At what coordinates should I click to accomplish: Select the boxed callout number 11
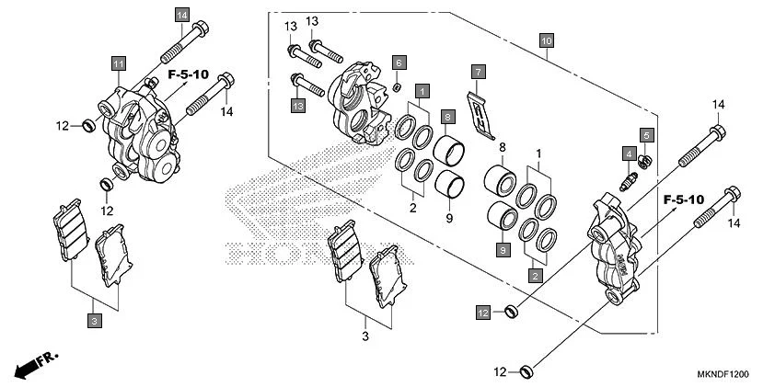(118, 63)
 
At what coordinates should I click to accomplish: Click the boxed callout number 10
(547, 41)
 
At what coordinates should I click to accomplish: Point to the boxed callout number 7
(478, 71)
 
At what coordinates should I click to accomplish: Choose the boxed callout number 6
(399, 63)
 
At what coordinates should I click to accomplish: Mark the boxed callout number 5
(647, 136)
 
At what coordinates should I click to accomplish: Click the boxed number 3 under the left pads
(94, 320)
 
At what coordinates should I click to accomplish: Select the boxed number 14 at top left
(180, 16)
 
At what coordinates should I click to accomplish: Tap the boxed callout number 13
(298, 107)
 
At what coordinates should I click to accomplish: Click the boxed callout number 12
(483, 313)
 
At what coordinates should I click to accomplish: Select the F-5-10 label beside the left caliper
(189, 73)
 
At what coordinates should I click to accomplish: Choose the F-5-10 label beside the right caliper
(682, 199)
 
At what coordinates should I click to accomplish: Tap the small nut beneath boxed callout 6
(397, 86)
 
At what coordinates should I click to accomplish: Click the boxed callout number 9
(504, 249)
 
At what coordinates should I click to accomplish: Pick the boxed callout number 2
(535, 274)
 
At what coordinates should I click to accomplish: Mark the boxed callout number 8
(446, 117)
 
